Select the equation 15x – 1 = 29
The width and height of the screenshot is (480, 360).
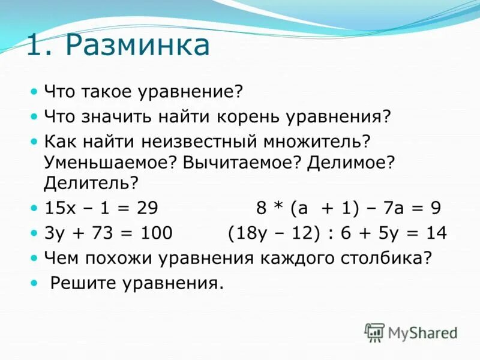coord(101,208)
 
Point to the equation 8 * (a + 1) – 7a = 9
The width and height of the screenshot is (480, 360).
coord(349,208)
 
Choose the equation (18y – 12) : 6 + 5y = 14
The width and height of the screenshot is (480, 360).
coord(337,233)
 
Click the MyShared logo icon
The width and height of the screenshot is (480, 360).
coord(374,332)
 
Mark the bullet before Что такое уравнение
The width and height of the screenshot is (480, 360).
coord(34,92)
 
